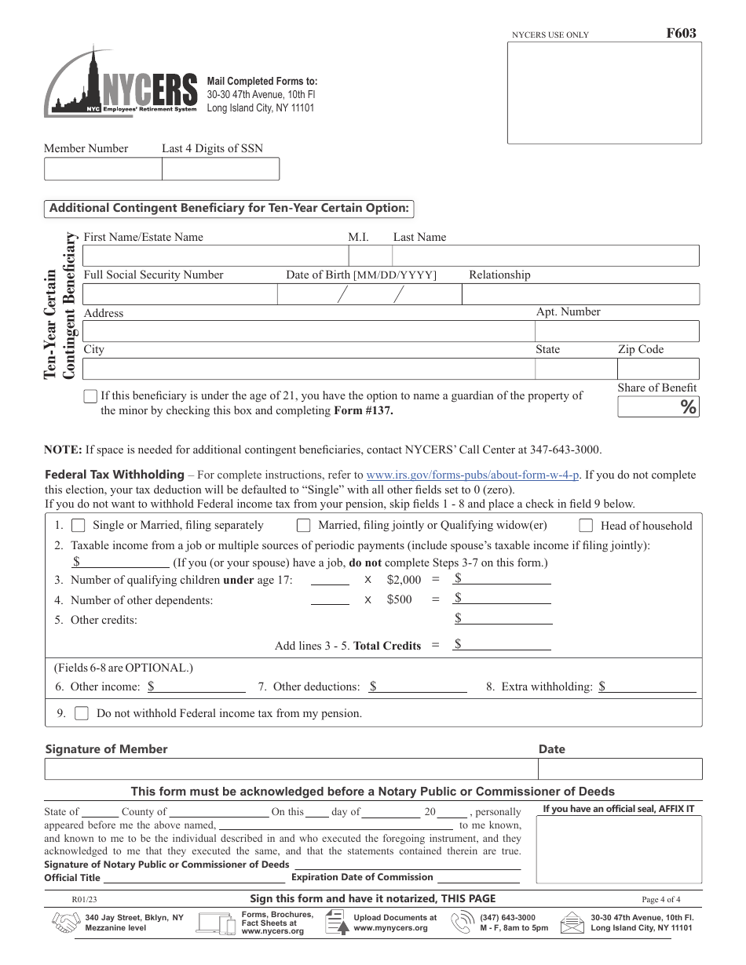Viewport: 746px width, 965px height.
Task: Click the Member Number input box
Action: [103, 169]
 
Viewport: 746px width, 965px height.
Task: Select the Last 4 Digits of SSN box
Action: [221, 169]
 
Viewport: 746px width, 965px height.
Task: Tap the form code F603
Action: [681, 34]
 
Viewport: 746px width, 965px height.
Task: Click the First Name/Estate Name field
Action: [214, 256]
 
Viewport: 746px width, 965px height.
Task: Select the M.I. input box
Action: [370, 256]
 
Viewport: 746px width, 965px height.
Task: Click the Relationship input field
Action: [580, 294]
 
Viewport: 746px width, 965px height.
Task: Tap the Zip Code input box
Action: [657, 369]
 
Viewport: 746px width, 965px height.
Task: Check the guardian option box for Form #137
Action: [90, 396]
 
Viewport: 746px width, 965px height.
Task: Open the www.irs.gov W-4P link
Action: [473, 475]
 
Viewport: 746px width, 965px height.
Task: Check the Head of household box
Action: [586, 526]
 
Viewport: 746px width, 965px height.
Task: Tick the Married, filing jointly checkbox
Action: [303, 526]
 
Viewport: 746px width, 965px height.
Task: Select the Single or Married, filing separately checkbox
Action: [79, 526]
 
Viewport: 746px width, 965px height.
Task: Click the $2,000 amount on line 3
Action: [404, 580]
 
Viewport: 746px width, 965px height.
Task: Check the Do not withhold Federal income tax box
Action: [82, 714]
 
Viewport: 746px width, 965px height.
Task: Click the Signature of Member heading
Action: [107, 749]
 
